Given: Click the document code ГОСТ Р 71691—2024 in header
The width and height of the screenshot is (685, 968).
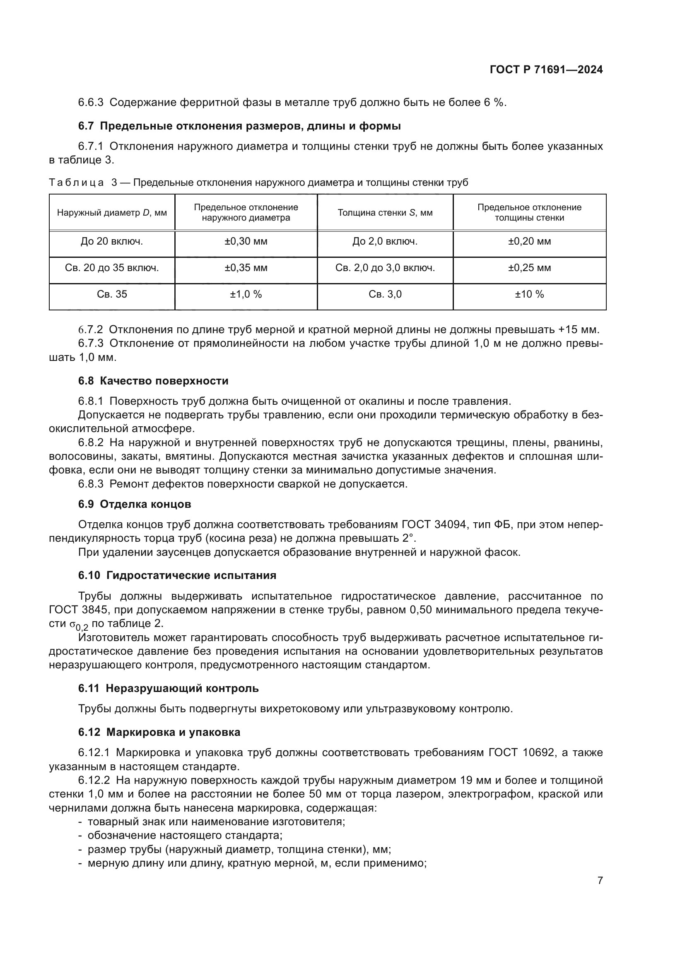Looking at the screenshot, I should [x=546, y=70].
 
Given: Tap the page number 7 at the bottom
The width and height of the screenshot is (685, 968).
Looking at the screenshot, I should [x=600, y=881].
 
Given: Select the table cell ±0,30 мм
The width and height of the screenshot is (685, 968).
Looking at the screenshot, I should [x=246, y=242].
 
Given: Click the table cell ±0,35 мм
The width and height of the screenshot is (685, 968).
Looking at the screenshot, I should [x=246, y=268].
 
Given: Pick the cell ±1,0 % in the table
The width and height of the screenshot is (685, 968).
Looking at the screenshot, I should [x=246, y=294].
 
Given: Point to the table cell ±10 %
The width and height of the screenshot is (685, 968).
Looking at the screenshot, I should [x=529, y=294].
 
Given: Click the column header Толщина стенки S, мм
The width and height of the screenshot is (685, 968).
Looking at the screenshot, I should [x=385, y=213].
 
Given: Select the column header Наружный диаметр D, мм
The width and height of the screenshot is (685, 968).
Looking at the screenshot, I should [x=112, y=213].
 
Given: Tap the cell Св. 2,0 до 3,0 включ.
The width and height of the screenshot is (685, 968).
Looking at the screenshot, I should [x=385, y=268].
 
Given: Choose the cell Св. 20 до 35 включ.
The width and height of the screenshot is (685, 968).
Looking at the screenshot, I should [x=112, y=268].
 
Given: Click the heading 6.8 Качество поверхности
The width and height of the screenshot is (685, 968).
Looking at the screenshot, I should [x=153, y=381].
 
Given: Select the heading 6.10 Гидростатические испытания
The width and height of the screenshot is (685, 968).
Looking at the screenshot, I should [x=177, y=576].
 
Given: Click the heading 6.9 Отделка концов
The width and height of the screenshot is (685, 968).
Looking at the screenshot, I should [x=135, y=504].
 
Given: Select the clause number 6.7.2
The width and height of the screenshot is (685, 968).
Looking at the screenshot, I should [x=90, y=330].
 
